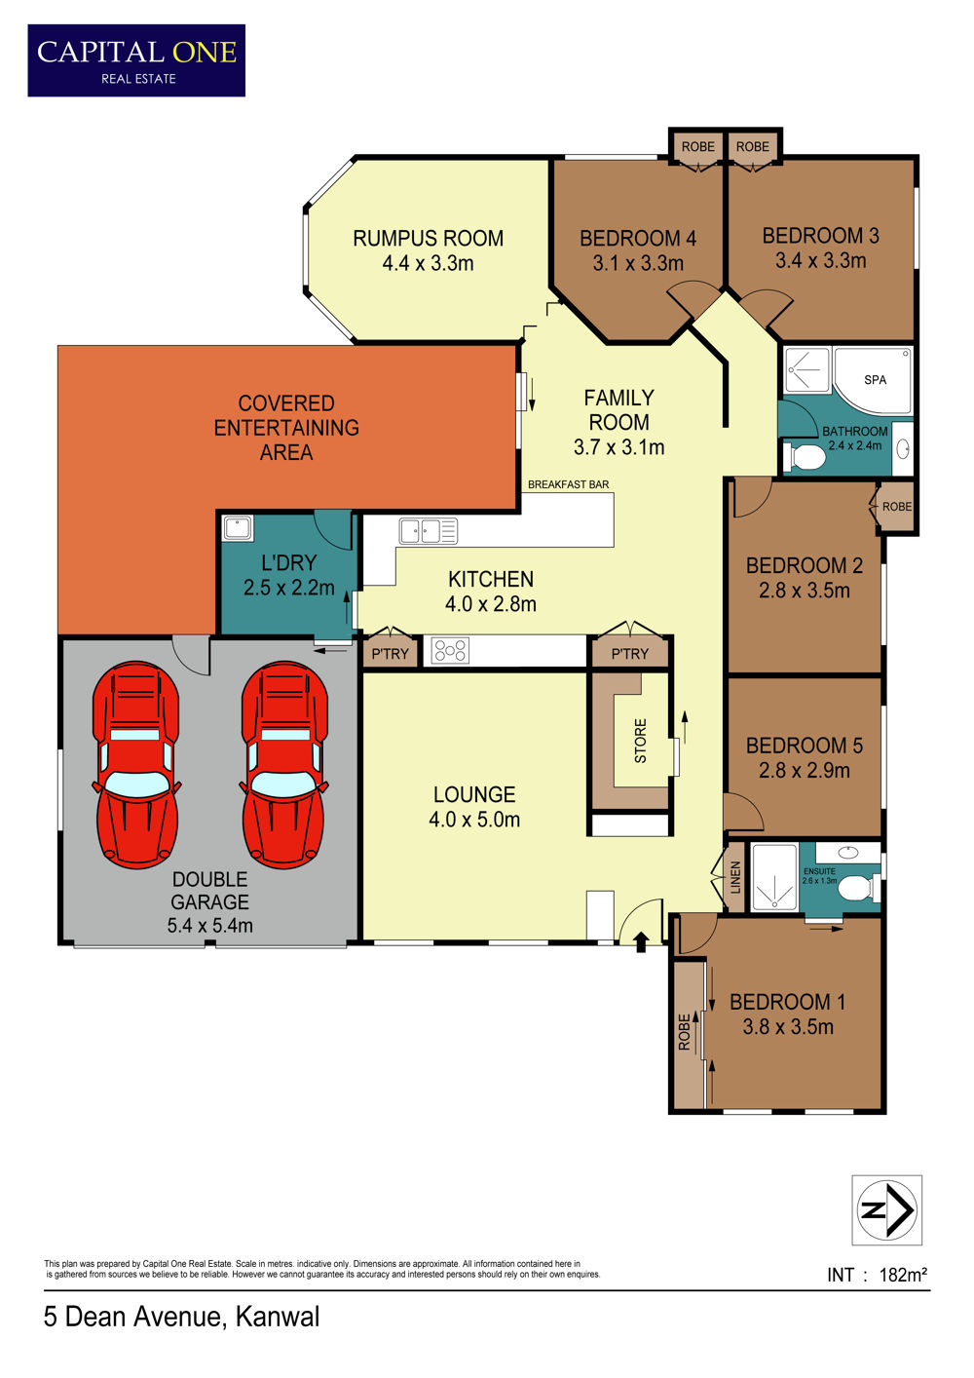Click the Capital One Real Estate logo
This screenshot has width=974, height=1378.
point(136,60)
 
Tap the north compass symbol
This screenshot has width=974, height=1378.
point(886,1209)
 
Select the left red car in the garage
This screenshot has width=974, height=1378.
point(136,765)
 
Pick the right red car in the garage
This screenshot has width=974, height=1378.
point(284,765)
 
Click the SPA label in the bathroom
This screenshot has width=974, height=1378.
point(875,380)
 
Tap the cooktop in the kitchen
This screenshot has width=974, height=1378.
point(451,651)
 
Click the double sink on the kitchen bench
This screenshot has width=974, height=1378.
point(429,531)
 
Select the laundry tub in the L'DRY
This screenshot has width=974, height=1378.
point(238,528)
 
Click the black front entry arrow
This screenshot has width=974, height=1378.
point(641,941)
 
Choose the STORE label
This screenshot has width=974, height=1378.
point(641,741)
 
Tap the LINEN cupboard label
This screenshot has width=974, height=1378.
point(735,877)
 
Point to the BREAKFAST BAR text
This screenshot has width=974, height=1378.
point(568,484)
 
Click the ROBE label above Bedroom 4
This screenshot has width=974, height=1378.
point(698,146)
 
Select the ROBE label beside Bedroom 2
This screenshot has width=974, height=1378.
point(897,507)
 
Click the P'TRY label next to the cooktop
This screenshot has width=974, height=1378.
point(391,654)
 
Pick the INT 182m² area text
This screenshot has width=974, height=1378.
point(877,1276)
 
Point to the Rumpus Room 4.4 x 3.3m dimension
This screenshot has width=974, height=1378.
point(428,264)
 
